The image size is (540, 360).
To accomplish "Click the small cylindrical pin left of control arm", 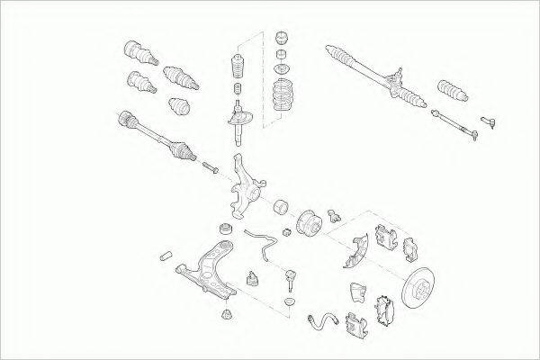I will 167,256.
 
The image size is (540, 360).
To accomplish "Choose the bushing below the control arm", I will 227,312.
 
